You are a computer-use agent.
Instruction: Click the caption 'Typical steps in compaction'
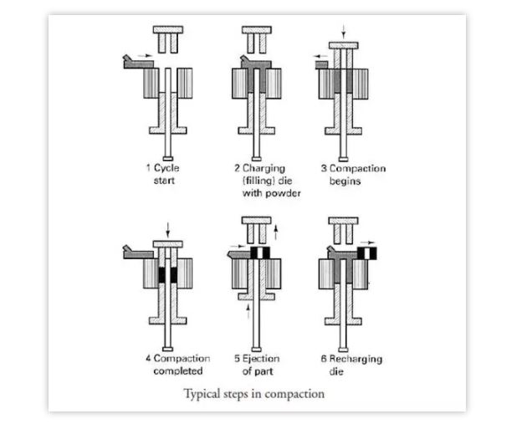[253, 394]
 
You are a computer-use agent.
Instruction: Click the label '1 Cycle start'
[162, 174]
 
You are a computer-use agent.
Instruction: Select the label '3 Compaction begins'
[353, 175]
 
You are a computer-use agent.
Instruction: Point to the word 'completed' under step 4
[178, 371]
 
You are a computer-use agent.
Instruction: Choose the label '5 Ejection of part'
[257, 365]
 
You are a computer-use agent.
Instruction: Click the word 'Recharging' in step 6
[356, 359]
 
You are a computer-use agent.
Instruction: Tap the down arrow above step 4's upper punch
[167, 230]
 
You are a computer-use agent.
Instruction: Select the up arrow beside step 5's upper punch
[275, 232]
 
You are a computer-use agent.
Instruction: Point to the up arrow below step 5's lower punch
[248, 311]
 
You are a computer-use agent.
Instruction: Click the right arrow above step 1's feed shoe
[146, 55]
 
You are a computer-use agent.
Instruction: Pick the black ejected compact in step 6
[367, 253]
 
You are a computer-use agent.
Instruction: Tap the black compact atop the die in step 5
[260, 253]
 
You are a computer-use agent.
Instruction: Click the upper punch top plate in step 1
[168, 29]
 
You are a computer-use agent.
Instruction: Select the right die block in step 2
[274, 84]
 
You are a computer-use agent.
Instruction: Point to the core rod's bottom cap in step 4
[167, 349]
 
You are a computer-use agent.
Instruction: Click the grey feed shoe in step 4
[139, 253]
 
